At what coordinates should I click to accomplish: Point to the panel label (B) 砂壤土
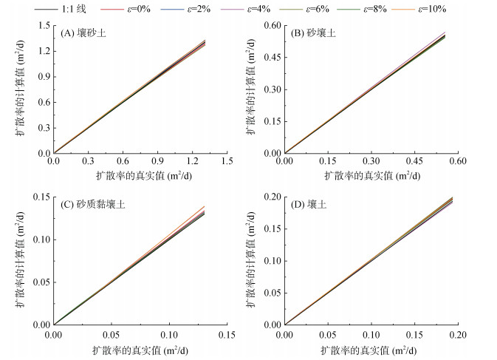316,34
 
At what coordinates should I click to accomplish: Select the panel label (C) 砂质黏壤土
93,205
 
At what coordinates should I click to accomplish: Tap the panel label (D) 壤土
310,205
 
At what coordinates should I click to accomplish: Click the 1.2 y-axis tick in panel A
42,51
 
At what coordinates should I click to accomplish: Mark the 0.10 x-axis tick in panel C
168,332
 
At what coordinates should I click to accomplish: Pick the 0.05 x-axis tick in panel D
328,332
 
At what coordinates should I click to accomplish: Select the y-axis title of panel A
20,89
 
